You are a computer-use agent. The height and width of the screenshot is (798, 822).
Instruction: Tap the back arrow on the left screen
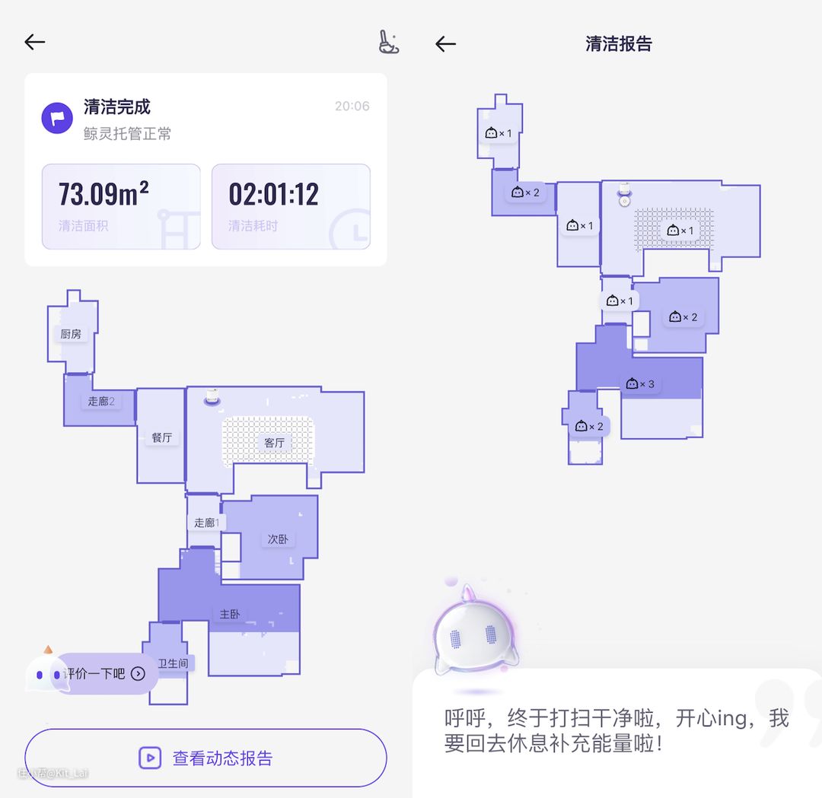(x=35, y=42)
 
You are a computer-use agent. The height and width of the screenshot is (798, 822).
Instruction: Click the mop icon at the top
(x=388, y=42)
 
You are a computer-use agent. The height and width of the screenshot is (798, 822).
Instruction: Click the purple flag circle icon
(x=57, y=118)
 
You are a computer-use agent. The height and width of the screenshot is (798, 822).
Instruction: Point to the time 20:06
(x=352, y=107)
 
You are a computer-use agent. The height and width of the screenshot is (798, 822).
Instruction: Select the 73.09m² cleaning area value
(x=104, y=195)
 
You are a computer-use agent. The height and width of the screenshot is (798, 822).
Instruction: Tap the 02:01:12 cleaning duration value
(x=273, y=195)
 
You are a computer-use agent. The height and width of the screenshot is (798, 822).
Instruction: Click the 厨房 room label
(x=71, y=334)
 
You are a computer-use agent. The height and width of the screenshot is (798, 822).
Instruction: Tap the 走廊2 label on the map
(x=100, y=401)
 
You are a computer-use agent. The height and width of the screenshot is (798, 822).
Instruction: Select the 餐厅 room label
(x=161, y=437)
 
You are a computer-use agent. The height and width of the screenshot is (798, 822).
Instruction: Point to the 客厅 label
(x=274, y=443)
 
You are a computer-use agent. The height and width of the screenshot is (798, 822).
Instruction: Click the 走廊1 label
(x=205, y=523)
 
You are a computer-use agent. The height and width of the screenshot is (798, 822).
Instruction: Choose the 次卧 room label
(x=277, y=539)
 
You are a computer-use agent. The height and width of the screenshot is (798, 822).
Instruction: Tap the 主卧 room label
(x=230, y=614)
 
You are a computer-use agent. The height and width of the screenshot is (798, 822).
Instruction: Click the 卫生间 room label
(x=173, y=663)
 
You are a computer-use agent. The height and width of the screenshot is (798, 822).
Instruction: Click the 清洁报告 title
(x=618, y=43)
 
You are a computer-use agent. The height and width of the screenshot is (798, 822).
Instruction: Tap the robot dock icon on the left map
(x=212, y=396)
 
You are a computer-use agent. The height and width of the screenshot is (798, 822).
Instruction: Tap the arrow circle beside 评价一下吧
(x=138, y=673)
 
